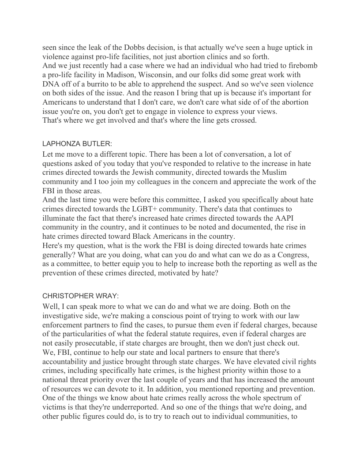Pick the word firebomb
coord(302,65)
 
